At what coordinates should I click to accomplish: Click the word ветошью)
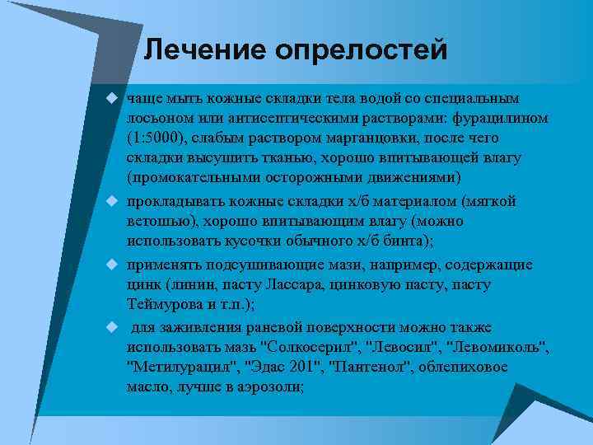coord(164,222)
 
